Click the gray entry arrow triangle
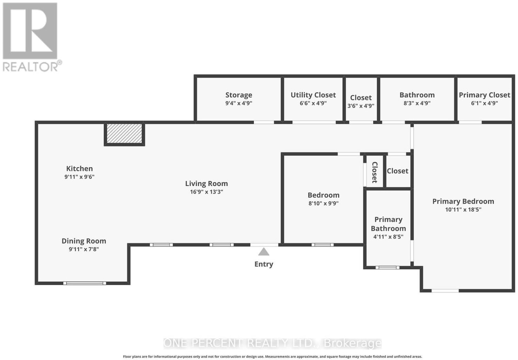(264, 252)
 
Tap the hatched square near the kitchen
(124, 134)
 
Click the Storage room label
(239, 95)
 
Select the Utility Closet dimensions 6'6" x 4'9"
(313, 103)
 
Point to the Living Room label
(207, 183)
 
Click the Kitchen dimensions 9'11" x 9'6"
(79, 177)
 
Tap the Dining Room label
(84, 241)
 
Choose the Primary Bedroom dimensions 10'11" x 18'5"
(463, 210)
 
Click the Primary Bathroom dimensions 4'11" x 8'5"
(388, 237)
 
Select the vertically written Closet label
(375, 172)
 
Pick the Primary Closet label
(484, 95)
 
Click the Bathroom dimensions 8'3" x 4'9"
(417, 103)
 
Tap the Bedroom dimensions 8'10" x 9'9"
(323, 203)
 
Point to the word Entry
(264, 264)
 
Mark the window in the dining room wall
(84, 283)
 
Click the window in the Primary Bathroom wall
(387, 267)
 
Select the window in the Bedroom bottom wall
(322, 245)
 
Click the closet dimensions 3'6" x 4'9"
(361, 106)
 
